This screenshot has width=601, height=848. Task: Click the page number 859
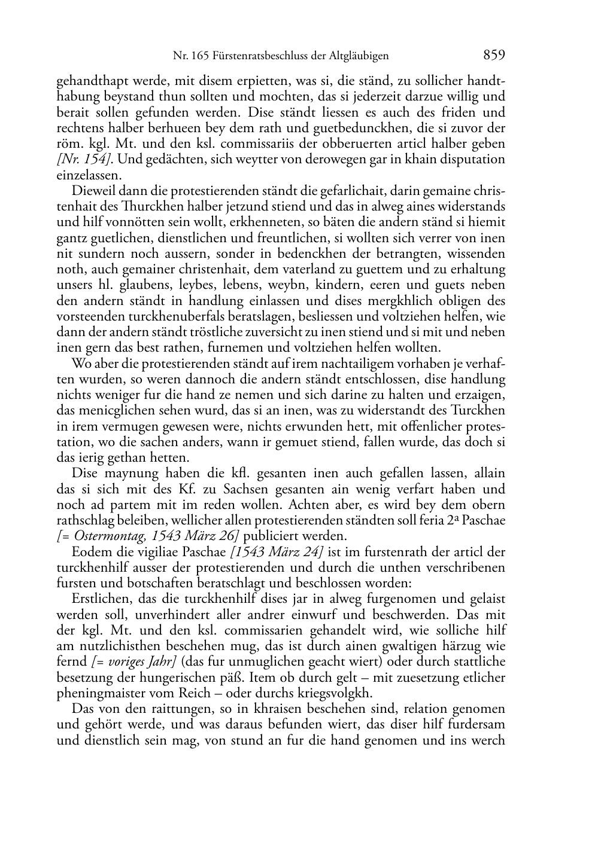coord(494,55)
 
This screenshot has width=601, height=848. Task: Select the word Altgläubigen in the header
coord(359,56)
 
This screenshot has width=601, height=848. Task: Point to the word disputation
coord(471,160)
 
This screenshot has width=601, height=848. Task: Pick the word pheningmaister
coord(105,693)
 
